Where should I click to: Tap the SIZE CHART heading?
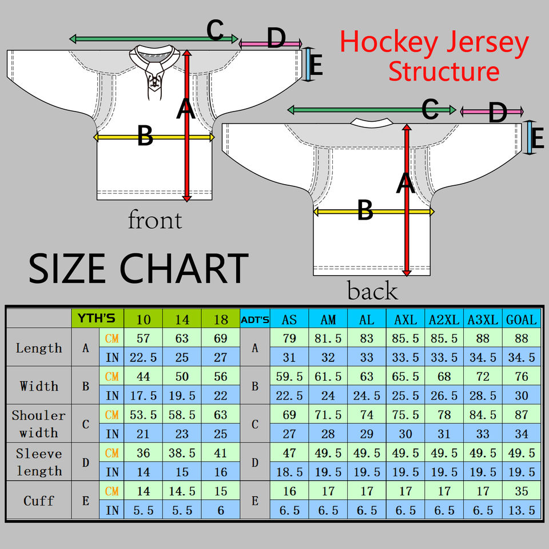[x=138, y=268]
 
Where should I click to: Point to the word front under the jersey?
[x=155, y=220]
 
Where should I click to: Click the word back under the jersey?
[x=372, y=291]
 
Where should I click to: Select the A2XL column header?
[x=444, y=319]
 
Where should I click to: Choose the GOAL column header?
[x=522, y=319]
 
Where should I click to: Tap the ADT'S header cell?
[x=255, y=319]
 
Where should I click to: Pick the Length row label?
[x=39, y=348]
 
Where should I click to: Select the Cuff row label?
[x=39, y=500]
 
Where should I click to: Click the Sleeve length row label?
[x=39, y=462]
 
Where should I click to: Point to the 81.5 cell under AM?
[x=328, y=339]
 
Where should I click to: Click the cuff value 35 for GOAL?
[x=522, y=491]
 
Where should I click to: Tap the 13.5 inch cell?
[x=522, y=510]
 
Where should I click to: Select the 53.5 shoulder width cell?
[x=144, y=415]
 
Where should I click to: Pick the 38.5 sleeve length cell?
[x=182, y=453]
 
